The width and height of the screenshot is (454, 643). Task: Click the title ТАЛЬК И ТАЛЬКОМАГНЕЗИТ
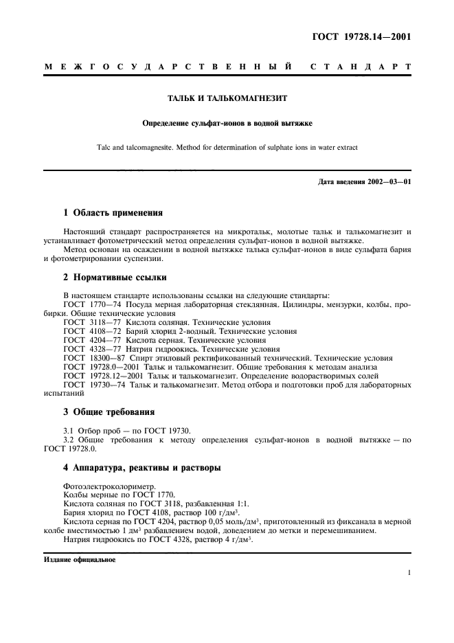click(x=227, y=98)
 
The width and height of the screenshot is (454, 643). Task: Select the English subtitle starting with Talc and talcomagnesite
click(x=227, y=146)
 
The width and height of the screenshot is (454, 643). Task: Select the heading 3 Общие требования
click(x=109, y=412)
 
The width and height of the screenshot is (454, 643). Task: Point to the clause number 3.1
click(x=68, y=430)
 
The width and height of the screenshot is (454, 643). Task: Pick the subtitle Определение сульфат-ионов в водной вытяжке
click(x=227, y=124)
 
